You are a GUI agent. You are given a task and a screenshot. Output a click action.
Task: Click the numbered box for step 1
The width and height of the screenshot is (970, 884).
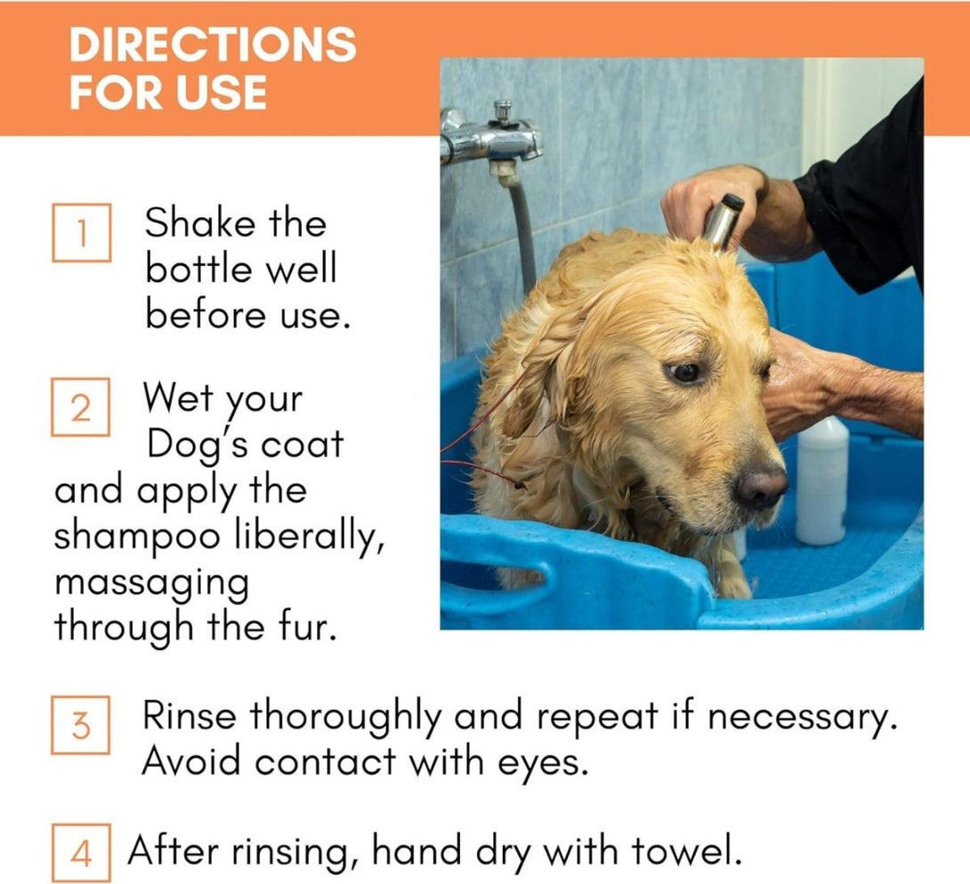[81, 233]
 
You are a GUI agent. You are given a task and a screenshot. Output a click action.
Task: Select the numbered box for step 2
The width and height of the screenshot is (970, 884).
[81, 406]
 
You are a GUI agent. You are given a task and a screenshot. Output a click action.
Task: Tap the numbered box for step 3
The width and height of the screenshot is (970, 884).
[81, 725]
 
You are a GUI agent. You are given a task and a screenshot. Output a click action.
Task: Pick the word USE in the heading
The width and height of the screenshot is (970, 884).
[222, 92]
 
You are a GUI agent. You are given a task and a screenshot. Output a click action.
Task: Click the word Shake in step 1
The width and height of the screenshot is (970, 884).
[198, 222]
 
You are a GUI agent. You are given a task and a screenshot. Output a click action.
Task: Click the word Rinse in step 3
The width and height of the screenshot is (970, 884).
[190, 717]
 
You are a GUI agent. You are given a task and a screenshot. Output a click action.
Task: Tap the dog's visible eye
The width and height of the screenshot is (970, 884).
[684, 372]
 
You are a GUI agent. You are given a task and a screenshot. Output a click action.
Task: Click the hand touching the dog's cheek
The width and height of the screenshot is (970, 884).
[801, 382]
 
